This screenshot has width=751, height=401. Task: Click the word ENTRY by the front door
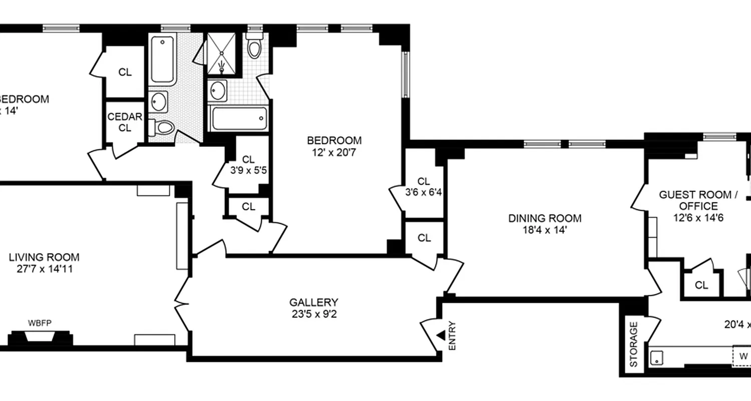(453, 335)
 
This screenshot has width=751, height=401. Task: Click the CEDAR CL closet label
(125, 122)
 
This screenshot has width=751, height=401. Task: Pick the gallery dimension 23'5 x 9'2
(313, 314)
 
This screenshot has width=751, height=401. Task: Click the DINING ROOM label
(545, 219)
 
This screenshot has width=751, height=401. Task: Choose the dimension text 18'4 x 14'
(545, 230)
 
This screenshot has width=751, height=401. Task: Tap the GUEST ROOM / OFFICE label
(698, 200)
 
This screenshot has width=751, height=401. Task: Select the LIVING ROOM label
(44, 258)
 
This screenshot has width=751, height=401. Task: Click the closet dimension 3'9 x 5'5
(248, 170)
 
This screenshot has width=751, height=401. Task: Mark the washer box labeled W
(743, 356)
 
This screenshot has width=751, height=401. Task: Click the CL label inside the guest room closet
(701, 285)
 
